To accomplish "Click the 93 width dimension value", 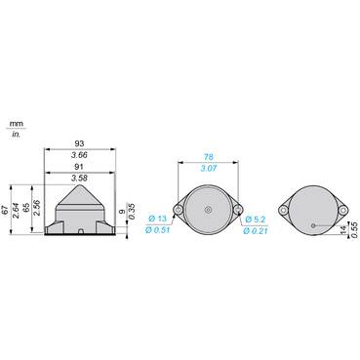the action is tap(79, 143).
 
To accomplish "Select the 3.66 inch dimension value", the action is tap(79, 155).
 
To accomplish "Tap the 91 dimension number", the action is tap(79, 167).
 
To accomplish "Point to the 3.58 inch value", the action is tap(79, 179).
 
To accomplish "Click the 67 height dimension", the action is tap(5, 210).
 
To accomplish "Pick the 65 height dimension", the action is tap(27, 208).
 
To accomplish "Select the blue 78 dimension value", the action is tap(209, 157).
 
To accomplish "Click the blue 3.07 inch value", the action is tap(209, 168).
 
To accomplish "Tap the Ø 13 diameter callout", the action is tap(158, 219).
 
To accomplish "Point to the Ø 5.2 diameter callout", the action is tap(257, 220).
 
